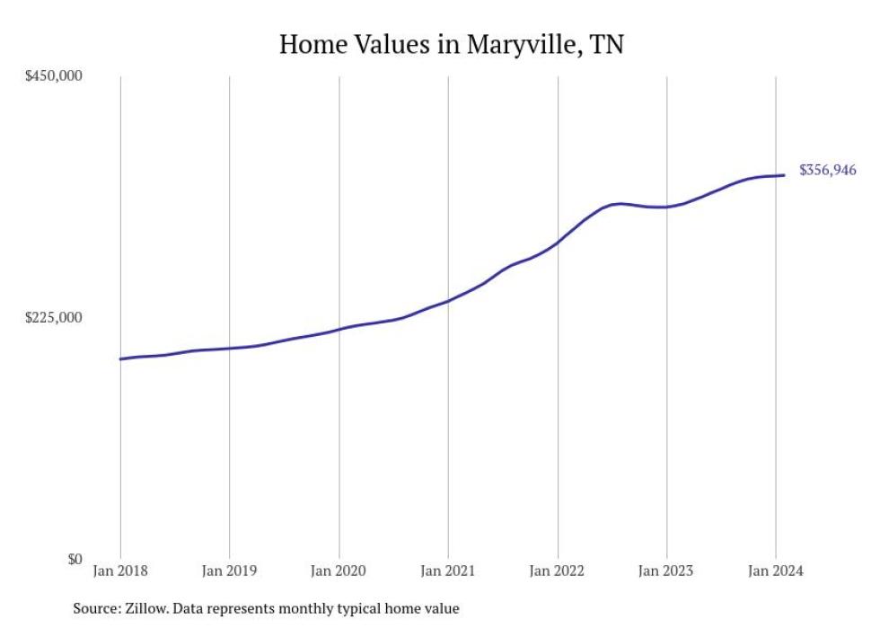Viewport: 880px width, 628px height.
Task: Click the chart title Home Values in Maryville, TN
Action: [451, 44]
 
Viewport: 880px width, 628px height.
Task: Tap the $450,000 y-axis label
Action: [53, 75]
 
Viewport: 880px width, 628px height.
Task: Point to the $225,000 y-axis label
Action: [53, 317]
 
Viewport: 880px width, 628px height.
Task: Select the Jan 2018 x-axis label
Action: [120, 571]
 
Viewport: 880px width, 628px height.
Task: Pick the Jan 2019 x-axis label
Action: [229, 571]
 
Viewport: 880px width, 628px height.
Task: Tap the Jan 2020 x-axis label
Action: [339, 571]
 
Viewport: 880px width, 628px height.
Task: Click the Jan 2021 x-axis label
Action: [448, 571]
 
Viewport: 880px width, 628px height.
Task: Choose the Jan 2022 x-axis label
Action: [558, 571]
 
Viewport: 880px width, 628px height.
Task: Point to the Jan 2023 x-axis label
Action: [666, 571]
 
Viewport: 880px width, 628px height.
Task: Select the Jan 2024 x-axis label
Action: [776, 571]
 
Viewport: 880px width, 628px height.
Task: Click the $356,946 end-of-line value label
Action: [827, 170]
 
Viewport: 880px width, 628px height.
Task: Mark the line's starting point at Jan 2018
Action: [120, 358]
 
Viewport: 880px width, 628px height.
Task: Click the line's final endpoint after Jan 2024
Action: [786, 175]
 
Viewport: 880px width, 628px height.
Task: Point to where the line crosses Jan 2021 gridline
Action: [448, 300]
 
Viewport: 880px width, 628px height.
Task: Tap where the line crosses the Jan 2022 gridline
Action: [558, 242]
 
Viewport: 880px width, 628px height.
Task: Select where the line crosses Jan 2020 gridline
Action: [339, 329]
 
